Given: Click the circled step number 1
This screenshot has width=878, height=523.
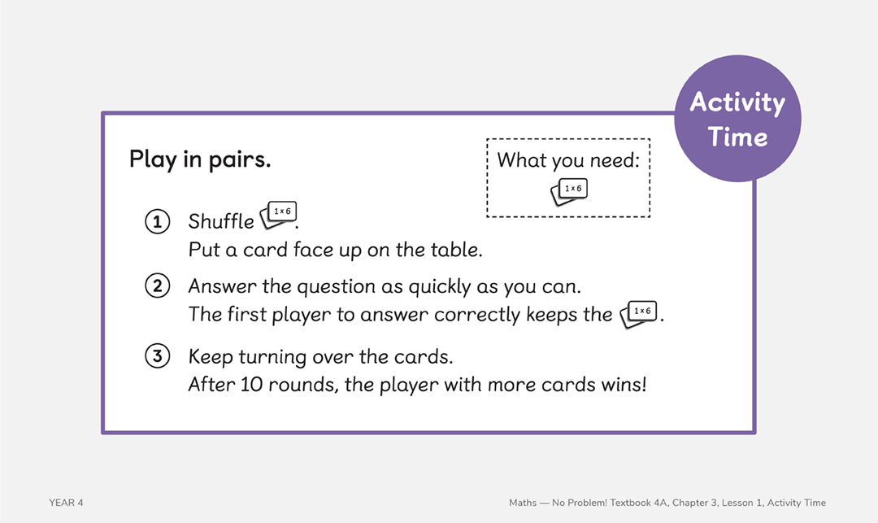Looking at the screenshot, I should click(157, 221).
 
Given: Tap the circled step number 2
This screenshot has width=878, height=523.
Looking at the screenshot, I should click(157, 286).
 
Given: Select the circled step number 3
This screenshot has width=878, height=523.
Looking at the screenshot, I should click(157, 356).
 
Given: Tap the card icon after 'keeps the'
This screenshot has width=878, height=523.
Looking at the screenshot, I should click(638, 314).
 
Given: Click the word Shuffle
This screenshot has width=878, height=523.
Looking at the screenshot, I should click(221, 221).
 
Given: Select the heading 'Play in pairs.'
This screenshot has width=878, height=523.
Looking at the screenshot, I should click(200, 159).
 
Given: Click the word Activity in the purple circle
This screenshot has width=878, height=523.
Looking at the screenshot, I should click(737, 102).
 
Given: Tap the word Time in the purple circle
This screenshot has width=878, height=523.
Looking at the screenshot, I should click(737, 137).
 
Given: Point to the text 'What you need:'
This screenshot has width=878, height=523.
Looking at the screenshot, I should click(568, 160).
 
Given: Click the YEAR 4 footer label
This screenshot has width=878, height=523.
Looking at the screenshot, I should click(66, 503).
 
